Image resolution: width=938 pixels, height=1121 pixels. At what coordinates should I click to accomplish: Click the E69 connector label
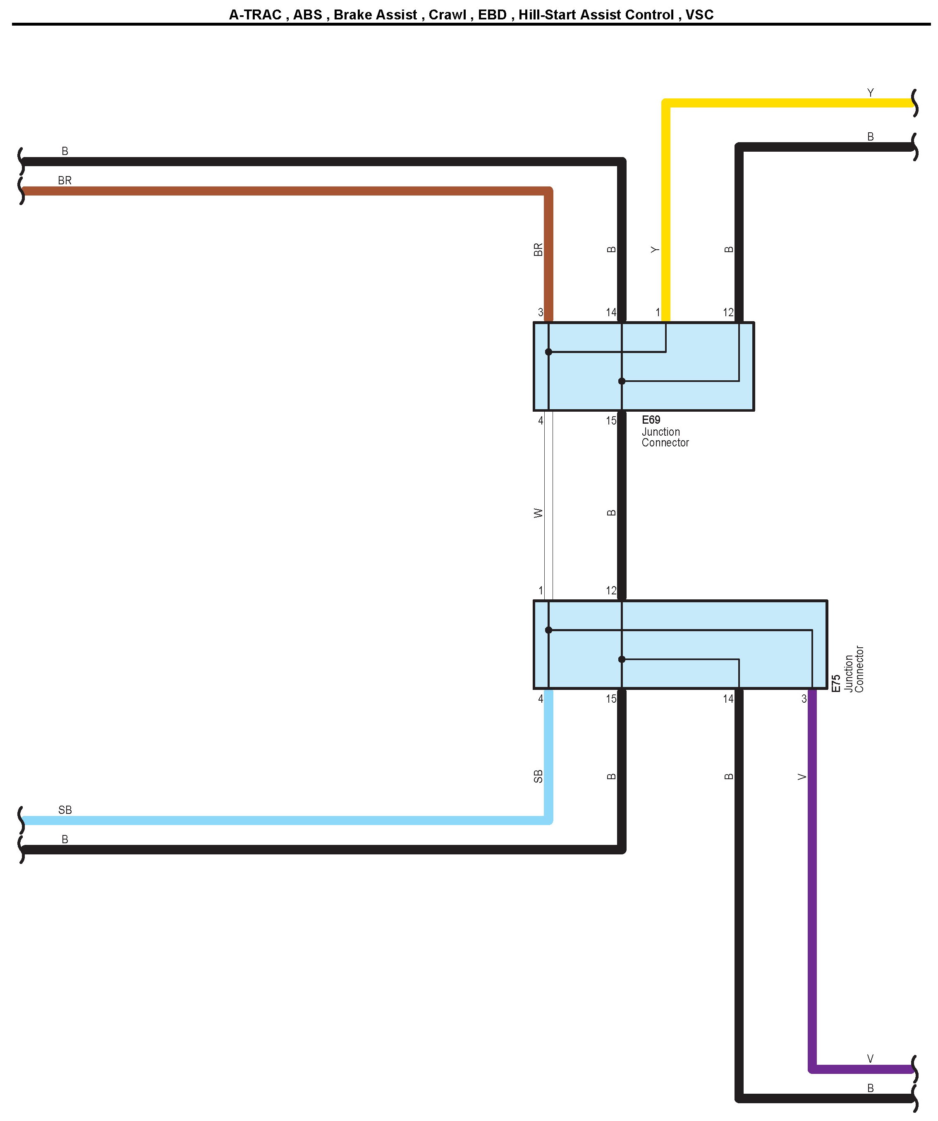651,420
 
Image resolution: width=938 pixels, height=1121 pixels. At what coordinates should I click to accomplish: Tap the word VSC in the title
699,14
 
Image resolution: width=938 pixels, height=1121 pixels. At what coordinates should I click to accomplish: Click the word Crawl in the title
447,14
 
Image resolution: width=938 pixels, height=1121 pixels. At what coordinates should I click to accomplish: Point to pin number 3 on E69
541,312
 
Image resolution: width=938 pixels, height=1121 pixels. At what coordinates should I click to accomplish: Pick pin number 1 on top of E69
658,312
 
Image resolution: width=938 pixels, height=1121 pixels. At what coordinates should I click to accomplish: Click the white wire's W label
538,513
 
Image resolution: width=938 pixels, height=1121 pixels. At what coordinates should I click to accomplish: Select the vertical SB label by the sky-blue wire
538,776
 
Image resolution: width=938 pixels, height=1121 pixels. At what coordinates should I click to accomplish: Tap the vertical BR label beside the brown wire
538,249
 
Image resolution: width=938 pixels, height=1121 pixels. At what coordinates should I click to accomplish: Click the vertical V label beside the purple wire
801,777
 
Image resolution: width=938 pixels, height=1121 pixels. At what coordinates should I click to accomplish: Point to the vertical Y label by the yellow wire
655,249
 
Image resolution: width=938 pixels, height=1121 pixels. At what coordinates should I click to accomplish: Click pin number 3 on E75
804,699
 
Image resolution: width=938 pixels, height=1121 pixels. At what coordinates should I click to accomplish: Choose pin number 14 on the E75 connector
728,699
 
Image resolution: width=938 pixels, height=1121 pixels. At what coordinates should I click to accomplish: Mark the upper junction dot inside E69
548,352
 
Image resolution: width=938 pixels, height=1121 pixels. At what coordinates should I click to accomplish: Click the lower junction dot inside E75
622,659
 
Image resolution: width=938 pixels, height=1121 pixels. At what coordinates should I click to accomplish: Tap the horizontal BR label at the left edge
65,181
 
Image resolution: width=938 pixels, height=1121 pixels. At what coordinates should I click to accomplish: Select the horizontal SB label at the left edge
65,810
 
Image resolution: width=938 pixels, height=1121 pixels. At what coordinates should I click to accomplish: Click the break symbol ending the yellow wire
915,103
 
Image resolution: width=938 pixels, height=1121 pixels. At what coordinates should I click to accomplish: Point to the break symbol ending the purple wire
915,1069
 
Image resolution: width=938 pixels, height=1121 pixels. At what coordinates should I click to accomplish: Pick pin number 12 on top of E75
611,590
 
